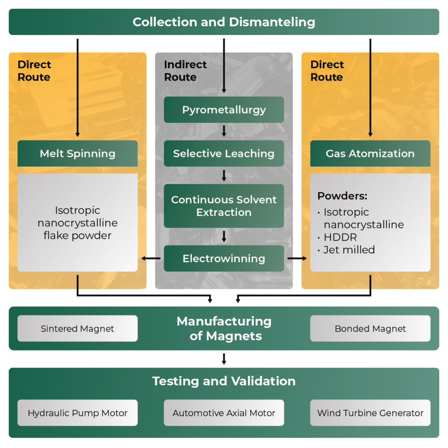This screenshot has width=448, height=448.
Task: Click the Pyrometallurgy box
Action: pyautogui.click(x=224, y=110)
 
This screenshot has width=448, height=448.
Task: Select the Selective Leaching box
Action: pyautogui.click(x=224, y=154)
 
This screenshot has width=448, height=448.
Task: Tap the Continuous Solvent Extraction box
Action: pyautogui.click(x=224, y=206)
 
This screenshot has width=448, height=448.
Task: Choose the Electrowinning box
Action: pyautogui.click(x=224, y=258)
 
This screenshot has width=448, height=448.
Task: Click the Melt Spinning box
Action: pyautogui.click(x=77, y=154)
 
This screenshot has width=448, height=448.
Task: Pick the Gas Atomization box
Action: pyautogui.click(x=370, y=154)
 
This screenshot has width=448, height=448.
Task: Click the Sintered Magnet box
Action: pyautogui.click(x=77, y=329)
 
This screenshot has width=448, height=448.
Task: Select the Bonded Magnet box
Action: pyautogui.click(x=370, y=329)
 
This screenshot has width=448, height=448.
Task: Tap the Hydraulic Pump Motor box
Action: pyautogui.click(x=77, y=413)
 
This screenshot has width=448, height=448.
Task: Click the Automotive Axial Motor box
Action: pyautogui.click(x=224, y=413)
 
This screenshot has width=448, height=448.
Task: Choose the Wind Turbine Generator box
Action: pyautogui.click(x=370, y=413)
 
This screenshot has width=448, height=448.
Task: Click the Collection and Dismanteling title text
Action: pyautogui.click(x=224, y=22)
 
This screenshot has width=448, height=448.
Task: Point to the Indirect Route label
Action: pyautogui.click(x=185, y=71)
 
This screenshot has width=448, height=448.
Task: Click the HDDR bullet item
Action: pyautogui.click(x=340, y=237)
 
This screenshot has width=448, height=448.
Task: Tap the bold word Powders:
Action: pyautogui.click(x=342, y=196)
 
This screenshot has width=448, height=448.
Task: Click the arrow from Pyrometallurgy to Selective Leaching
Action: pyautogui.click(x=224, y=131)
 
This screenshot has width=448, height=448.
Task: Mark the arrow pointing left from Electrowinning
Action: pyautogui.click(x=151, y=258)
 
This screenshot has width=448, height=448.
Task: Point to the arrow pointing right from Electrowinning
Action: pyautogui.click(x=297, y=258)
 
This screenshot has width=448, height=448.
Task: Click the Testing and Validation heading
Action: pyautogui.click(x=224, y=381)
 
